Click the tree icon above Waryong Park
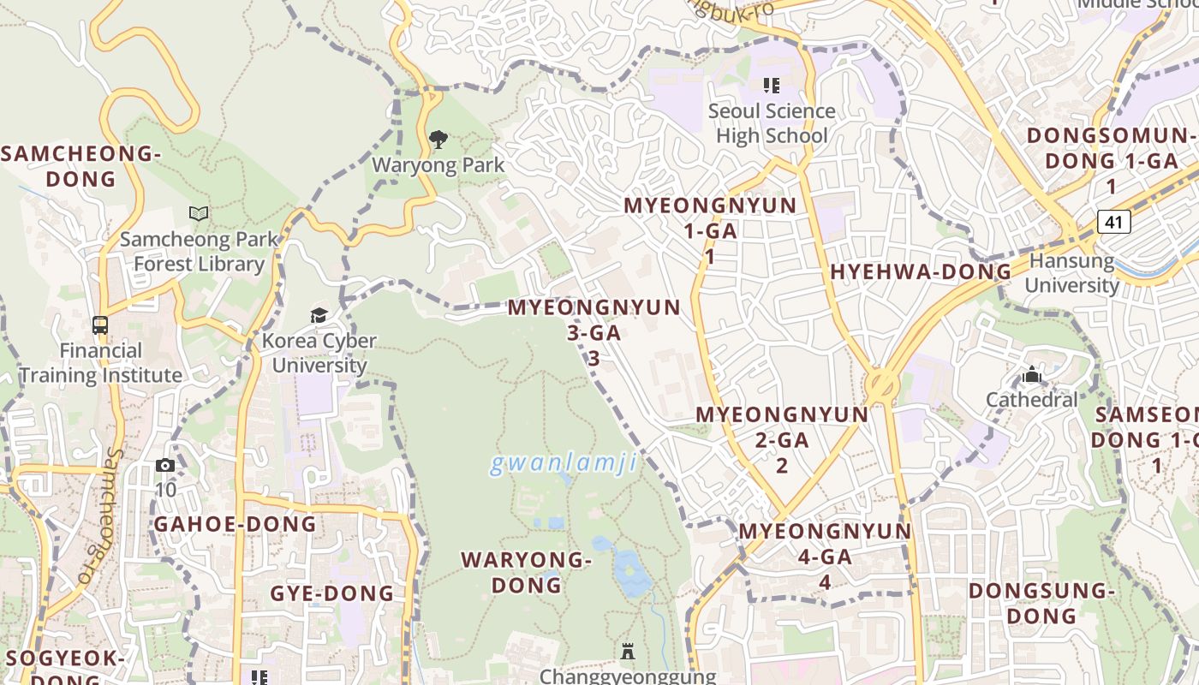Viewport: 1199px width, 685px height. [x=438, y=139]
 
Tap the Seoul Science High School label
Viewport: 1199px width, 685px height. [x=772, y=123]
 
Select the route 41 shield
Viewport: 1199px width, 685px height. [x=1113, y=223]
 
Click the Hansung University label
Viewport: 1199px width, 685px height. [x=1071, y=272]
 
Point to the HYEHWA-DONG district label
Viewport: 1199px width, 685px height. [x=921, y=272]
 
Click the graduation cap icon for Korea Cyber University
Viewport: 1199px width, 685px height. [x=319, y=315]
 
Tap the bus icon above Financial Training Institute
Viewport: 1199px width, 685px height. [x=100, y=325]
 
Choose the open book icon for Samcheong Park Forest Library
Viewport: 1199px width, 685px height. [x=199, y=213]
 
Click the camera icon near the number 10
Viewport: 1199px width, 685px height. [x=165, y=466]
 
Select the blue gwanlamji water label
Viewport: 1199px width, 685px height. [x=564, y=464]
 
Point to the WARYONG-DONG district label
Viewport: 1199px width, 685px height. [x=526, y=573]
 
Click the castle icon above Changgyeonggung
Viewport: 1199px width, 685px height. [x=628, y=652]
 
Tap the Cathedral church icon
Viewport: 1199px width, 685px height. [x=1032, y=374]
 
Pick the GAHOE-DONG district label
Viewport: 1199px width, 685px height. [x=235, y=524]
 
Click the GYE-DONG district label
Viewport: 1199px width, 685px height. [x=332, y=593]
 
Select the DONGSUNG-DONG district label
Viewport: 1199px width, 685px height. [x=1041, y=603]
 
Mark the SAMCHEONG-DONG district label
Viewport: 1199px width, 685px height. [x=81, y=166]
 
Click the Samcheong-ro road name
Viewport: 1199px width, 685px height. [x=101, y=517]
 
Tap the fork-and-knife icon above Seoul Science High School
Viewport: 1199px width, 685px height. [x=772, y=86]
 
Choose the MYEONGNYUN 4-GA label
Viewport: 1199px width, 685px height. [x=825, y=556]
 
